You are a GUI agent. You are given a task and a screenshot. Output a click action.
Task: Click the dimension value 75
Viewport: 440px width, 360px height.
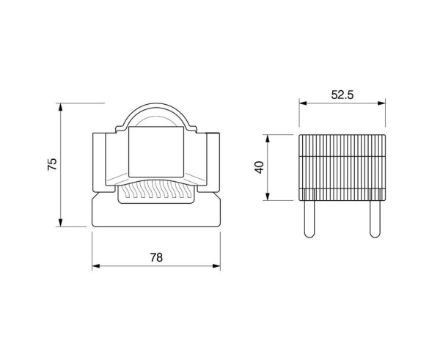[x=52, y=164]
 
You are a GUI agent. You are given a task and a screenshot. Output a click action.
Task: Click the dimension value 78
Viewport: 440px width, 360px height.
[x=156, y=257]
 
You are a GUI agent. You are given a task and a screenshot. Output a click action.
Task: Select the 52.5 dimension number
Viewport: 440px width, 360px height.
[x=342, y=95]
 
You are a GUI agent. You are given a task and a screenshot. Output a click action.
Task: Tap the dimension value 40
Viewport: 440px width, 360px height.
[x=260, y=167]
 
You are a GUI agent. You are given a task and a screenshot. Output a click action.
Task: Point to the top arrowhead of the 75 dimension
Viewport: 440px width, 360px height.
[x=60, y=107]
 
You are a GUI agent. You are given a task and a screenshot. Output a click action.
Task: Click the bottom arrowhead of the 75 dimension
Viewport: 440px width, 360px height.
[x=60, y=222]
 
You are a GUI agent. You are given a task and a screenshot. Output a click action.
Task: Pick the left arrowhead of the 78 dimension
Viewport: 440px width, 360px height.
[x=96, y=265]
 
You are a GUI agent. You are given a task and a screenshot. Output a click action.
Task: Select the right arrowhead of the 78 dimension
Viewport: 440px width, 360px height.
[x=216, y=265]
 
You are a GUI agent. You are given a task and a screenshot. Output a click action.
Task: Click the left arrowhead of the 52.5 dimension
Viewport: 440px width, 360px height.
[x=303, y=103]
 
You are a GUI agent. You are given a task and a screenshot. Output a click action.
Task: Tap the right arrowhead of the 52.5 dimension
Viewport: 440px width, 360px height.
[x=381, y=103]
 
